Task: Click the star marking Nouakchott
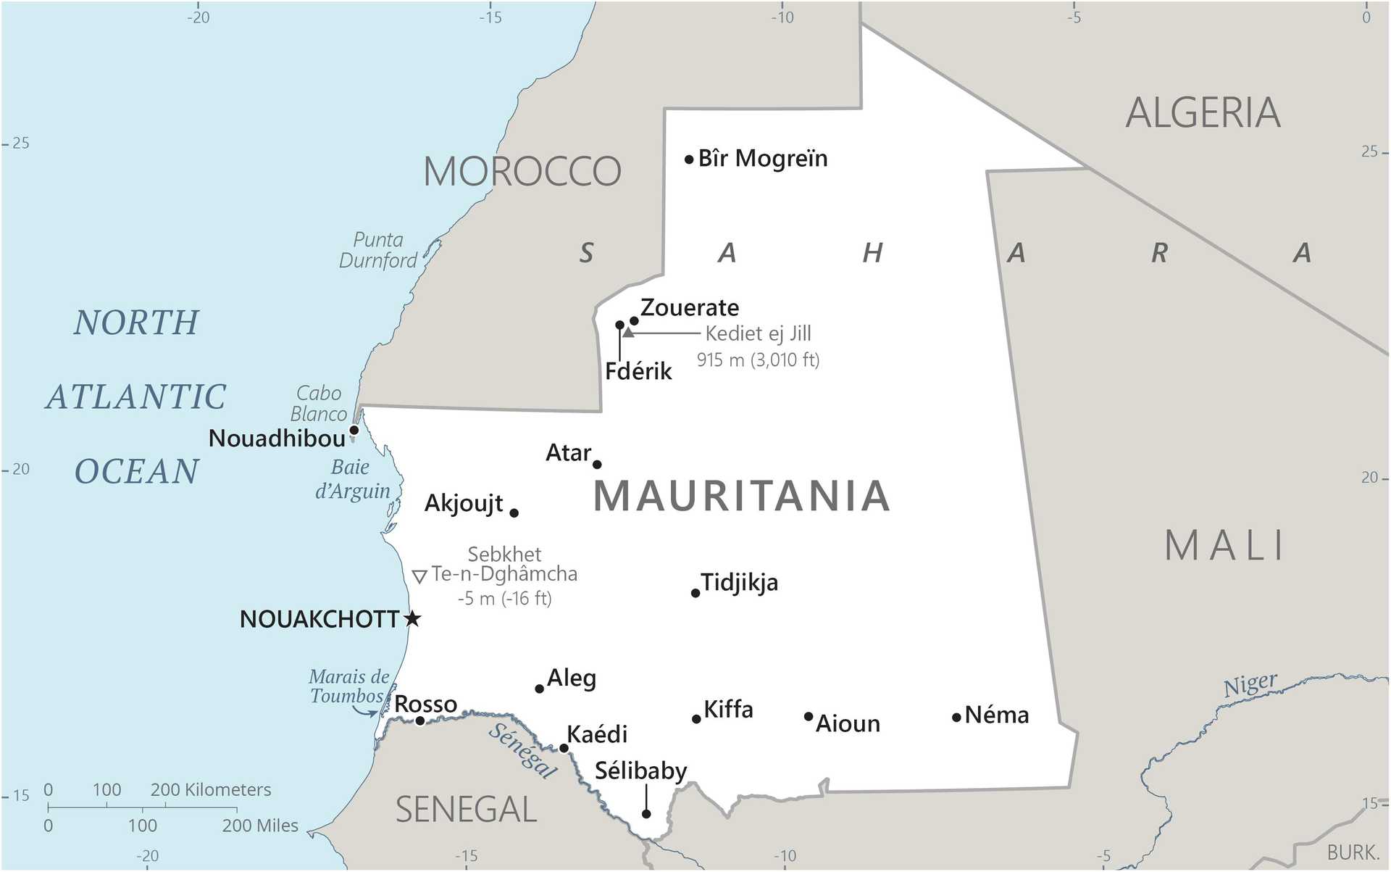click(x=412, y=618)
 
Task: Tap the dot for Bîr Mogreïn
click(x=689, y=159)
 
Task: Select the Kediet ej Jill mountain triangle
click(x=628, y=333)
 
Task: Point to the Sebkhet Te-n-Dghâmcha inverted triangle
click(x=419, y=577)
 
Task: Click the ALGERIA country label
click(x=1203, y=113)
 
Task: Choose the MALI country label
click(x=1224, y=546)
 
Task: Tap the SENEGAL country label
click(x=466, y=810)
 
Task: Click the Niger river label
click(x=1250, y=684)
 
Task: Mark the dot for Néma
click(x=956, y=718)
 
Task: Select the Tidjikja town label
click(x=739, y=582)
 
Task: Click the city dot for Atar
click(x=597, y=465)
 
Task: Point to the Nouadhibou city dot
click(x=354, y=431)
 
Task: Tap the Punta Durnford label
click(x=378, y=250)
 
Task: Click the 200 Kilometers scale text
click(x=210, y=789)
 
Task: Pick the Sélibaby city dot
click(x=646, y=814)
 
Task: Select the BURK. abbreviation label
click(x=1352, y=852)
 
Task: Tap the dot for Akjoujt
click(x=514, y=513)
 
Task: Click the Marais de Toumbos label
click(x=348, y=686)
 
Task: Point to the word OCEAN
click(x=137, y=472)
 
